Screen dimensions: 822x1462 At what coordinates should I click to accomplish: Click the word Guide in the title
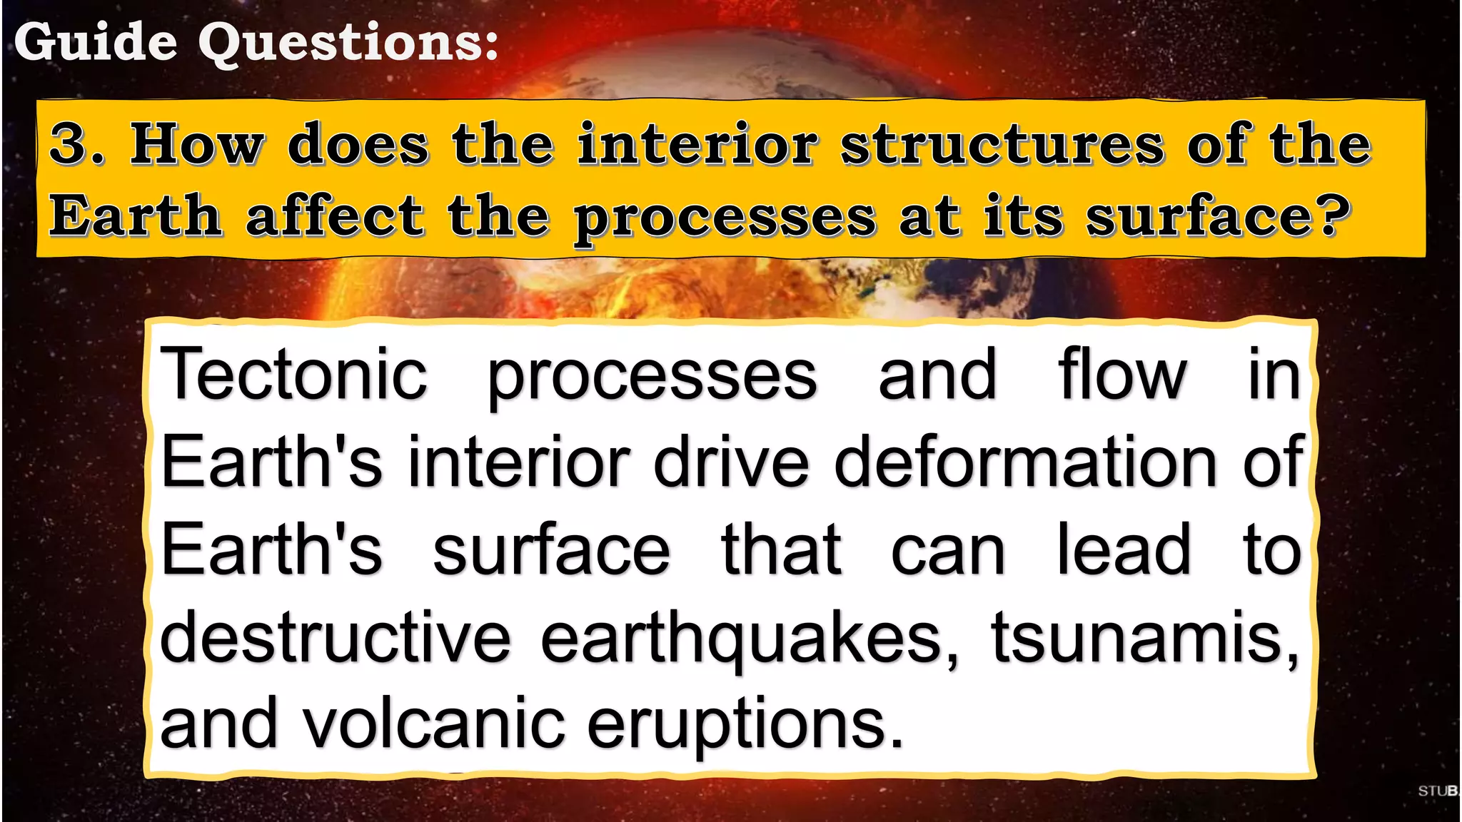pyautogui.click(x=95, y=42)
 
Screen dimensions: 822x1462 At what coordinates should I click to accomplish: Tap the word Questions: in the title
pyautogui.click(x=348, y=43)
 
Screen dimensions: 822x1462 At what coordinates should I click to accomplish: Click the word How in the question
pyautogui.click(x=196, y=143)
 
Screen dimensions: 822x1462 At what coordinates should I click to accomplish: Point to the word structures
pyautogui.click(x=1002, y=143)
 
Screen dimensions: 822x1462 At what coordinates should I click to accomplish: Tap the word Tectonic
pyautogui.click(x=293, y=374)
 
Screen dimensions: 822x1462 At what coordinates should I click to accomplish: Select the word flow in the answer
pyautogui.click(x=1122, y=374)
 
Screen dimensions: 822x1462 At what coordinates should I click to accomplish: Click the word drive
pyautogui.click(x=731, y=462)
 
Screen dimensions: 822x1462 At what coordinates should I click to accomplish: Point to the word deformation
pyautogui.click(x=1025, y=462)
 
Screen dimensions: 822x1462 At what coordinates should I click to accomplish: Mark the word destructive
pyautogui.click(x=336, y=637)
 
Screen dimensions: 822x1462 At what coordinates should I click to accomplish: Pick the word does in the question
pyautogui.click(x=358, y=143)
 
